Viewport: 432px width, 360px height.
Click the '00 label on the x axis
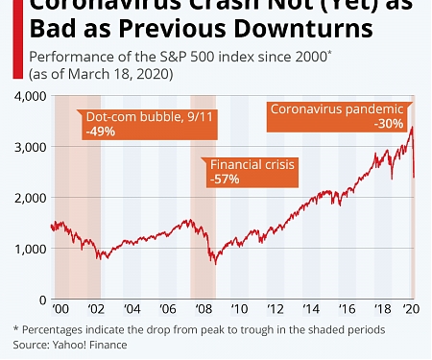(x=60, y=311)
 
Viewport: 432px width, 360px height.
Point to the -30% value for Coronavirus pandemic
(x=387, y=124)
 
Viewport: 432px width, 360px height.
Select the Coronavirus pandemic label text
(x=335, y=108)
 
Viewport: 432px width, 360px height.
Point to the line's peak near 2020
(x=411, y=127)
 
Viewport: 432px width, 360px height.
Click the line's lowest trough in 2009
(x=215, y=264)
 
